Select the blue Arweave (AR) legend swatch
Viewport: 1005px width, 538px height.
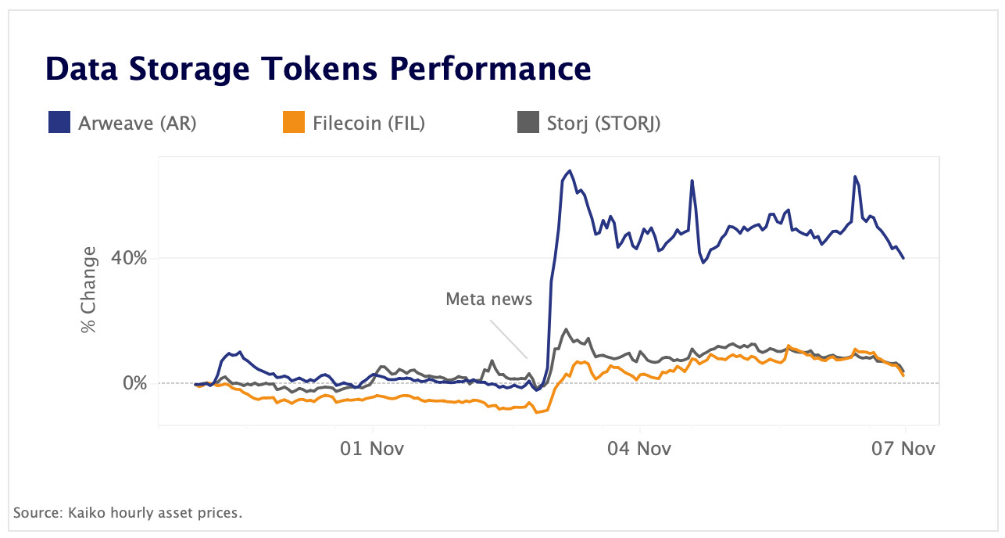tap(59, 123)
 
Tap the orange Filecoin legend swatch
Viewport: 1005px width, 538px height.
tap(294, 123)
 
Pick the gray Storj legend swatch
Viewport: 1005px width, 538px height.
tap(528, 123)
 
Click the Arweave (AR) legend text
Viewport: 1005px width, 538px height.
tap(138, 123)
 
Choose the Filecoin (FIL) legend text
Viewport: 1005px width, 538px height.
tap(368, 123)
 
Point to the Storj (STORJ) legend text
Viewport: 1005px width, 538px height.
tap(603, 123)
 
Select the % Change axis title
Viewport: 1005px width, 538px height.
tap(90, 289)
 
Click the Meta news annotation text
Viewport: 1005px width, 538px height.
tap(488, 299)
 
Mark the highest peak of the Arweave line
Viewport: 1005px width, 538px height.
tap(570, 170)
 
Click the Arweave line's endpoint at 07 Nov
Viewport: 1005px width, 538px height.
tap(904, 258)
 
